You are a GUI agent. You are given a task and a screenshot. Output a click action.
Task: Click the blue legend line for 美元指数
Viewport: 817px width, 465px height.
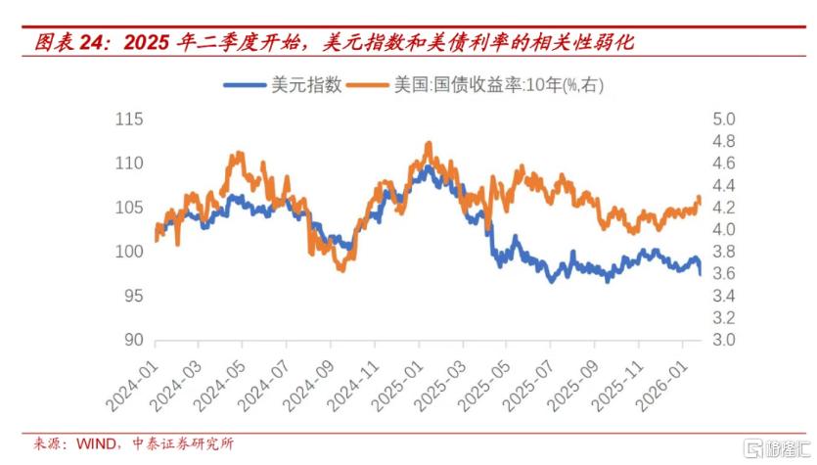pos(245,84)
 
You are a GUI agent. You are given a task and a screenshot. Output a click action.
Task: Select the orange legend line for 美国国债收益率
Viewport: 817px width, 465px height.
pos(368,84)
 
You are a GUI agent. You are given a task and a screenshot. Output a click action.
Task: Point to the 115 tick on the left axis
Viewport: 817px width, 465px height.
pos(129,118)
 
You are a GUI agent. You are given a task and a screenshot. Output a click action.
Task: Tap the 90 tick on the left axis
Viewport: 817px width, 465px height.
pos(133,340)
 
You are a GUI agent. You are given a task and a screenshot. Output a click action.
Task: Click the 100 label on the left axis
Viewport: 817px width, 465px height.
pos(129,252)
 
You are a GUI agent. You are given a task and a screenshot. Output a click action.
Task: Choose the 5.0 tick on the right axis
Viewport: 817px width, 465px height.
pos(724,118)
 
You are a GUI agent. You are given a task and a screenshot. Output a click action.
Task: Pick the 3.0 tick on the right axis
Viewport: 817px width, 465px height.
pos(724,340)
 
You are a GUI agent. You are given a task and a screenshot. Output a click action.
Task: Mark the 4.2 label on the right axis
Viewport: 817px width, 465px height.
pos(724,208)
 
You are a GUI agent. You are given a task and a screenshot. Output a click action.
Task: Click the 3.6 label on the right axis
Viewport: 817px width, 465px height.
pos(724,274)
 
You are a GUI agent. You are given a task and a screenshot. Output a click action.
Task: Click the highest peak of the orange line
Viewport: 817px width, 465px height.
pos(429,142)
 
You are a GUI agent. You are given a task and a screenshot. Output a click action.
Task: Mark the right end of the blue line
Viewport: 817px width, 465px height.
pos(701,274)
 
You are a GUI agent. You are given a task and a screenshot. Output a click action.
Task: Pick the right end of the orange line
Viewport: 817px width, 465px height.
pos(700,203)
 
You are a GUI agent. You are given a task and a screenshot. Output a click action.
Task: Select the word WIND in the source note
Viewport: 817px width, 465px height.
pos(97,443)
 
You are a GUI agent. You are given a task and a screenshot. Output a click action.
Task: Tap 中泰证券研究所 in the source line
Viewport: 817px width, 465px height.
pos(183,443)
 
